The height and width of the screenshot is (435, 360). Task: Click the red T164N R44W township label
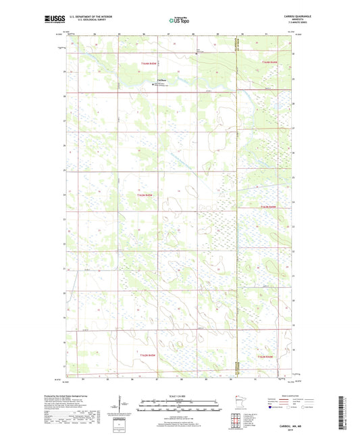(268, 63)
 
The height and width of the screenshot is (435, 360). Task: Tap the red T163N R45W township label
(145, 195)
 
